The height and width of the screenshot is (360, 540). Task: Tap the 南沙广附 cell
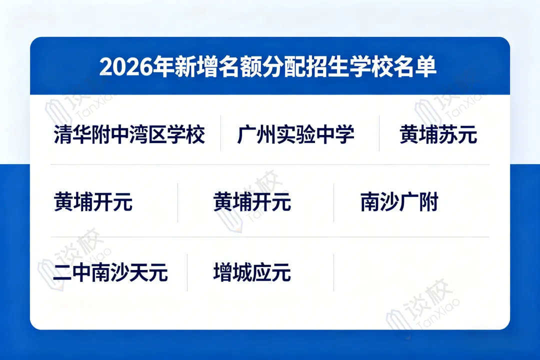(399, 203)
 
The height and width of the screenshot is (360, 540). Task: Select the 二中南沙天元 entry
(110, 273)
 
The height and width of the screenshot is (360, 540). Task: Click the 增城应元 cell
(252, 273)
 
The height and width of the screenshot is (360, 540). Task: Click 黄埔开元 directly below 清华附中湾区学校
(93, 203)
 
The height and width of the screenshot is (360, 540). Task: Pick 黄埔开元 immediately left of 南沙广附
(252, 203)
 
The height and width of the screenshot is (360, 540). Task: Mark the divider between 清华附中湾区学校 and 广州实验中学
(220, 133)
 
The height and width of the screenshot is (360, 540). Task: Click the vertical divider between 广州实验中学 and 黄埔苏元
(379, 133)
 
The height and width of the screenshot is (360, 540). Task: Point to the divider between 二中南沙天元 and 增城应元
(187, 272)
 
